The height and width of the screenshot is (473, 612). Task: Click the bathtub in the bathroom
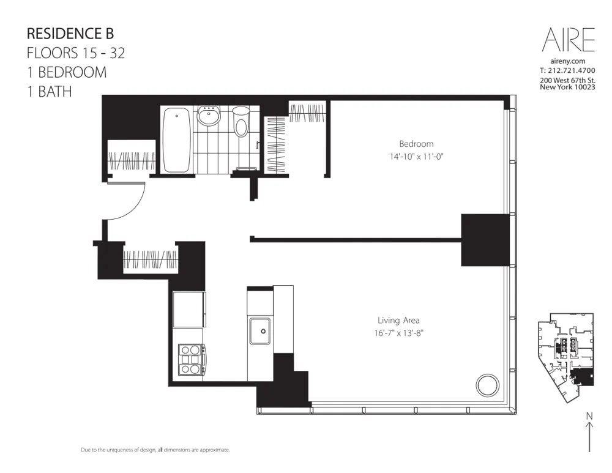tap(177, 140)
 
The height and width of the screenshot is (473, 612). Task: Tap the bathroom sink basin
tap(209, 117)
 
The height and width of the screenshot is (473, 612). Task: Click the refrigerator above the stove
tap(188, 310)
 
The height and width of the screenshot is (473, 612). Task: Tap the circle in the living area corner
tap(488, 385)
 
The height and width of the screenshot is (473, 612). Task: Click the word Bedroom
tap(416, 144)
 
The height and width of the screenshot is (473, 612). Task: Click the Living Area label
tap(398, 320)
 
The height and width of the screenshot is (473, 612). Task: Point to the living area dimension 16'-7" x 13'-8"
tap(398, 333)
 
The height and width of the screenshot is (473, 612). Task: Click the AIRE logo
tap(568, 40)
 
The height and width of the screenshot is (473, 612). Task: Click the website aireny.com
tap(568, 61)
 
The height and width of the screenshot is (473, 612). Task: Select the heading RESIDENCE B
tap(70, 33)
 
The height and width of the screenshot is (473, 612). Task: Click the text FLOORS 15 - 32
tap(76, 53)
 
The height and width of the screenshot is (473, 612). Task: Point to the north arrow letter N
tap(589, 416)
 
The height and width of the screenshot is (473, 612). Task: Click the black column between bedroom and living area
tap(485, 240)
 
